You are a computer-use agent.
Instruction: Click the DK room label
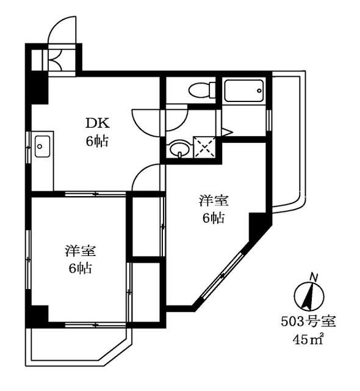click(97, 122)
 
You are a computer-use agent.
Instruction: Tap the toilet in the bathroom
click(200, 90)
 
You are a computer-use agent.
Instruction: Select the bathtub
click(243, 92)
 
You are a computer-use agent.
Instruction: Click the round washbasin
click(178, 149)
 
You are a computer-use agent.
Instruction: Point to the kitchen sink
click(42, 147)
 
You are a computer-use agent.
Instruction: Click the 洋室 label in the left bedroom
click(79, 250)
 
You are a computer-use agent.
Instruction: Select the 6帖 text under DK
click(97, 141)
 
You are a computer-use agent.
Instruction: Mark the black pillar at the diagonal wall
click(258, 226)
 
